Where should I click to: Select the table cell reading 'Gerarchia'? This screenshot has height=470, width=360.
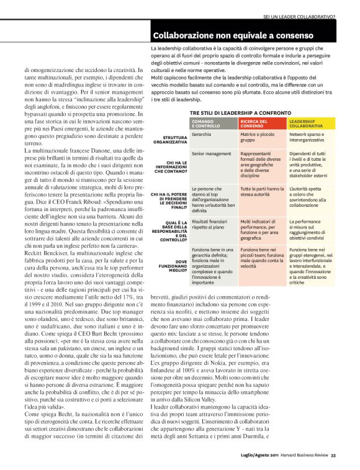point(201,134)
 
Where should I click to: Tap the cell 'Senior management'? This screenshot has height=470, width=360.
point(211,153)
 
